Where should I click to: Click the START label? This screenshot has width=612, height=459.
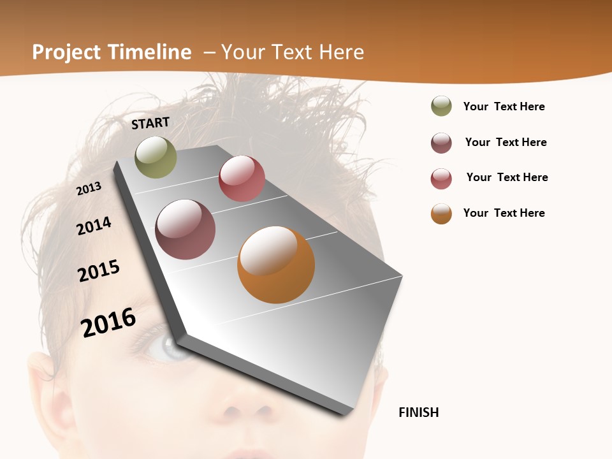coord(150,123)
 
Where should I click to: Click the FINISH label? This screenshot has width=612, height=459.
coord(419,412)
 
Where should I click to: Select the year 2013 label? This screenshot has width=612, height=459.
coord(89,188)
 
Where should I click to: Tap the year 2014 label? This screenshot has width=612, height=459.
coord(94,226)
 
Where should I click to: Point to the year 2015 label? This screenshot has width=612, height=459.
coord(99,271)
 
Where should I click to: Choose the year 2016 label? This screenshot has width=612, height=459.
coord(108,322)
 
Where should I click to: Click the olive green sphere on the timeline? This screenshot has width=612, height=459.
coord(156,157)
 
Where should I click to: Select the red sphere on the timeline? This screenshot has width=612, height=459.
coord(242,178)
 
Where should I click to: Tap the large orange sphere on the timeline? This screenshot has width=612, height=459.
coord(276,265)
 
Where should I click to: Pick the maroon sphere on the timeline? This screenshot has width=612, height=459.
coord(185,229)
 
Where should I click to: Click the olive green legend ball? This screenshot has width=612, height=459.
coord(441,106)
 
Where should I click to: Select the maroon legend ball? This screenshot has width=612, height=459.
coord(441,143)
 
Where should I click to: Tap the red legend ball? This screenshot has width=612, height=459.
coord(441,178)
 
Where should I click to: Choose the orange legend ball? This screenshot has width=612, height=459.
coord(441,214)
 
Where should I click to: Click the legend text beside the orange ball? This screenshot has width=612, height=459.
coord(504,213)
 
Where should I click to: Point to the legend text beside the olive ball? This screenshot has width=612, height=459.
coord(504,106)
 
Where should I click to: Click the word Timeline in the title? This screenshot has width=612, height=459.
coord(150,52)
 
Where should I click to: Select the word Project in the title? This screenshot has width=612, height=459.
coord(67,52)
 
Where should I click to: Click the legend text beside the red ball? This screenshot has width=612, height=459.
coord(507,177)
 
